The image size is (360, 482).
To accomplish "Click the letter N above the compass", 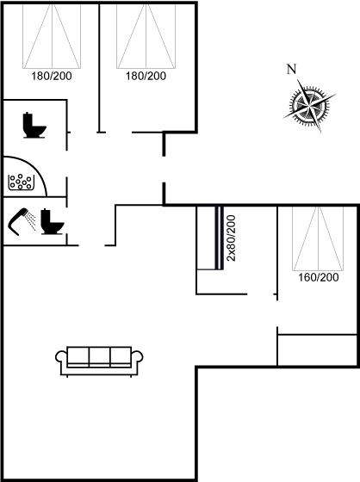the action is (291, 69).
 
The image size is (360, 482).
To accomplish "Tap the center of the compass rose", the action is (309, 106).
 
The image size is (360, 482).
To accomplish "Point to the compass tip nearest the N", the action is (298, 80).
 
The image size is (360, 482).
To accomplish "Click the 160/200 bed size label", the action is (319, 277).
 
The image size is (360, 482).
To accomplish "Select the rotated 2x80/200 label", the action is (231, 238).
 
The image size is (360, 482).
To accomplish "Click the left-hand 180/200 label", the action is (52, 76).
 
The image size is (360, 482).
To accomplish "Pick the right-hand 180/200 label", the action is (146, 76).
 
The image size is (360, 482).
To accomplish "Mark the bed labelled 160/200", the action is (318, 238).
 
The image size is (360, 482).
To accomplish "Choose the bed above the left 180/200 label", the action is (52, 36).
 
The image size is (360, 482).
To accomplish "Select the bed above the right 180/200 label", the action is (146, 36).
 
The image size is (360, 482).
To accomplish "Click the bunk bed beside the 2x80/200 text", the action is (210, 238).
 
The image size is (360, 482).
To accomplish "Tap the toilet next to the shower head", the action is (53, 222).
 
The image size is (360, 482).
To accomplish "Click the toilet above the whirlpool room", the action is (34, 125).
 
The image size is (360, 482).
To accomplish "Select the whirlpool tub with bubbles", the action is (21, 182).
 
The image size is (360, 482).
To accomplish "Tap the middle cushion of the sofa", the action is (99, 356).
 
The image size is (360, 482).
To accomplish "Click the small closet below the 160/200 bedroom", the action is (317, 349).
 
